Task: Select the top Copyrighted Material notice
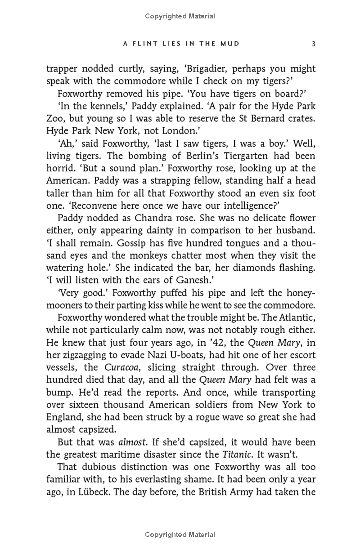(x=180, y=16)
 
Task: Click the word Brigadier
(x=209, y=69)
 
